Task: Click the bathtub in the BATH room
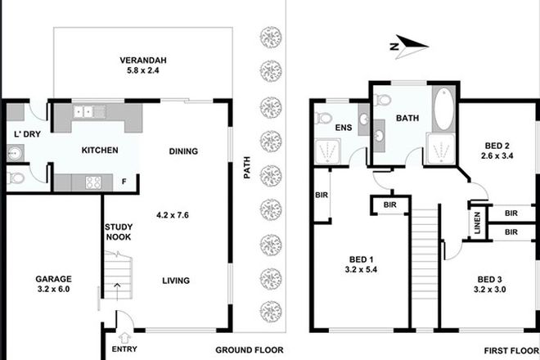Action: (443, 109)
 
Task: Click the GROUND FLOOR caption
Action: (250, 349)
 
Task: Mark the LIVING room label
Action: (175, 281)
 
